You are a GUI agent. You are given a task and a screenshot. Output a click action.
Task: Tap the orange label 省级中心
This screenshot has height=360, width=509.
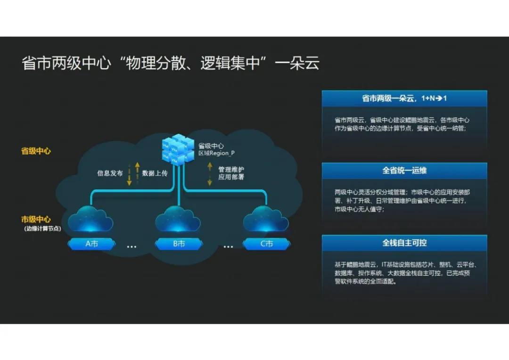pyautogui.click(x=36, y=152)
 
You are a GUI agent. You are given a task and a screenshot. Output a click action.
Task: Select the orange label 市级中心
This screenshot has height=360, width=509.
pyautogui.click(x=36, y=220)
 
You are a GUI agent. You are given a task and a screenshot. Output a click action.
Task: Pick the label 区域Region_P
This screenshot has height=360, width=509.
pyautogui.click(x=216, y=154)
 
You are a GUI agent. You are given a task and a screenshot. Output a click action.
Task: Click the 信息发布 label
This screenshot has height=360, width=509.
pyautogui.click(x=110, y=173)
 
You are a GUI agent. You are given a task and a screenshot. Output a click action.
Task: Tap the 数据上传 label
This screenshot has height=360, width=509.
pyautogui.click(x=155, y=173)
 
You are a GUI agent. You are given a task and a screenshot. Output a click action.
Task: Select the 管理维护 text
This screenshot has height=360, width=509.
pyautogui.click(x=231, y=169)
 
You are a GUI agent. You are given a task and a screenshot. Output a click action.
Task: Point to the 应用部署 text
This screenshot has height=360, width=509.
pyautogui.click(x=231, y=178)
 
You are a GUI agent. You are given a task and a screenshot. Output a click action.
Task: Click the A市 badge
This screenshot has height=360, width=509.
pyautogui.click(x=91, y=244)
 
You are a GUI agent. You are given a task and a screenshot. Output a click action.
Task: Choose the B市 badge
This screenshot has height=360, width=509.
pyautogui.click(x=179, y=244)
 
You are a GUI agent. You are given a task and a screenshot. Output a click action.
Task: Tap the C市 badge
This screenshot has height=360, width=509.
pyautogui.click(x=266, y=244)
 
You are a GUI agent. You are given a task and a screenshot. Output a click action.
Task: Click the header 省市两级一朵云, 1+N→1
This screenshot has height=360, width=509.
pyautogui.click(x=404, y=98)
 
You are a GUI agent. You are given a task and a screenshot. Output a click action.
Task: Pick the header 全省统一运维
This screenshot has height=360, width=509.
pyautogui.click(x=404, y=170)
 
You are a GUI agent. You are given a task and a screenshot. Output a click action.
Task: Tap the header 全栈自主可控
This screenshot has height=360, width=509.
pyautogui.click(x=404, y=243)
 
